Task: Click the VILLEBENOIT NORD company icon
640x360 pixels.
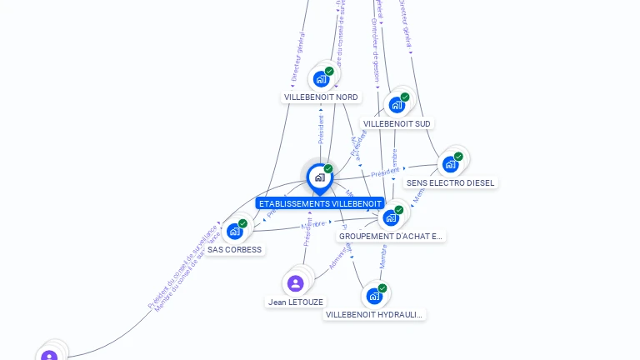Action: (321, 80)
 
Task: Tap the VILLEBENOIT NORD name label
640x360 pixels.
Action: (321, 97)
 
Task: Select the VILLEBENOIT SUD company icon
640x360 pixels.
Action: (397, 106)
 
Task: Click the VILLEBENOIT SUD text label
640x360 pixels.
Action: (397, 124)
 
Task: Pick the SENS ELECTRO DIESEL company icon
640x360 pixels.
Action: (450, 164)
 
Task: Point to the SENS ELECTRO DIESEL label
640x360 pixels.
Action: (450, 183)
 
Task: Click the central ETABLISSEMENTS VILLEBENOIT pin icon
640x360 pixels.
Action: (319, 177)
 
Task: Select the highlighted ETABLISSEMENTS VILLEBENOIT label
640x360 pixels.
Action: (320, 203)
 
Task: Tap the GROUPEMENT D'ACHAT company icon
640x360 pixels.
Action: (390, 218)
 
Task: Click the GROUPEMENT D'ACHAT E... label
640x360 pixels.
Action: (392, 237)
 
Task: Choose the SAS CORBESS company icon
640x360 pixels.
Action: (234, 232)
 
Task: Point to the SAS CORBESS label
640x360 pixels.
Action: (234, 250)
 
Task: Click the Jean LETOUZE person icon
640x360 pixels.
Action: (295, 283)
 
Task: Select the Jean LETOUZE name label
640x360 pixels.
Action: (296, 302)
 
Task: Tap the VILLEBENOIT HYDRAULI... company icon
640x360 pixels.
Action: (374, 296)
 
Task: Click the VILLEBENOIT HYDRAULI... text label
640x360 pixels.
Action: (374, 315)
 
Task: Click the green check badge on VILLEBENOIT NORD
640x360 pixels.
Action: (329, 72)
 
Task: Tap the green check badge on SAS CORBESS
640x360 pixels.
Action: (242, 223)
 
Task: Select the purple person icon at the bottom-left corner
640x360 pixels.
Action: (49, 356)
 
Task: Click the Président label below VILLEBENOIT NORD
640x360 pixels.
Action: (321, 130)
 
